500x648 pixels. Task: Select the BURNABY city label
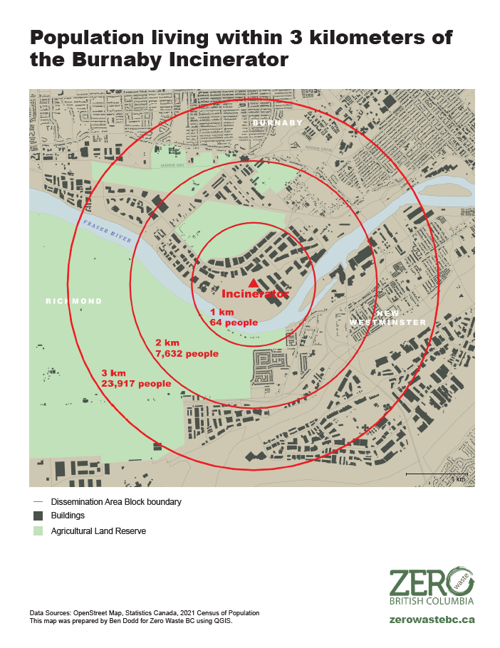tap(277, 123)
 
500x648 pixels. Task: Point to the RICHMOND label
tap(73, 302)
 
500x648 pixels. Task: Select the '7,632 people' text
tap(187, 353)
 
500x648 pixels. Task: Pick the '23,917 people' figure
tap(136, 383)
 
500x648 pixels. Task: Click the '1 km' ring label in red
tap(222, 313)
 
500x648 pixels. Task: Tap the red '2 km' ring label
tap(167, 343)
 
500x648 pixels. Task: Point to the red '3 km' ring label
tap(114, 373)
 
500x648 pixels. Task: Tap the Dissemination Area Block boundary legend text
tap(116, 501)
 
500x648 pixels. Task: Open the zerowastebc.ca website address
tap(432, 619)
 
